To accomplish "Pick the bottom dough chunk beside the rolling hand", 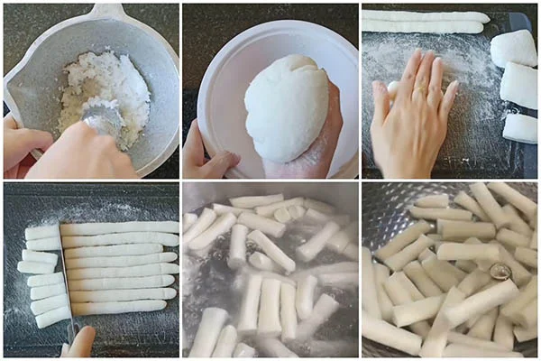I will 520,127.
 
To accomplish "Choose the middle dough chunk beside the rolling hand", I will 519,85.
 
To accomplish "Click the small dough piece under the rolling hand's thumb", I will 393,88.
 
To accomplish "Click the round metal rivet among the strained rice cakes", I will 500,271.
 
